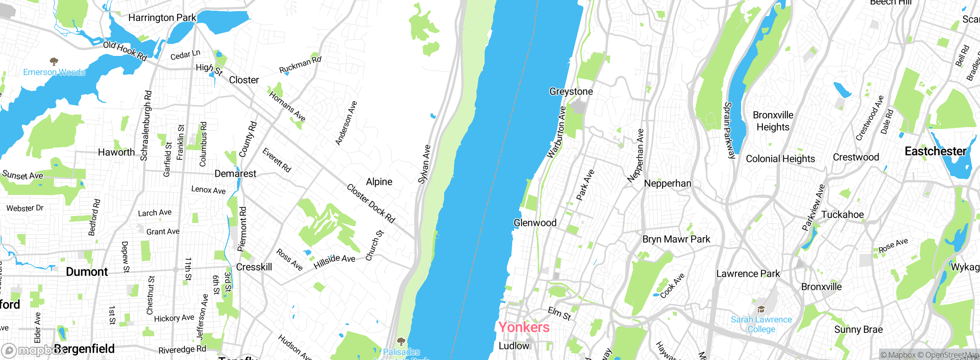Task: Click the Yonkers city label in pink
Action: click(x=524, y=327)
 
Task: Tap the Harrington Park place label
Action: click(x=162, y=18)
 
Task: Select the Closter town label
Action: click(x=244, y=80)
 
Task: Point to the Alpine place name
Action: click(x=379, y=182)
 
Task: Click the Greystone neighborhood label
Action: click(x=571, y=92)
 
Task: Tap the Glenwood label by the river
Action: click(x=535, y=223)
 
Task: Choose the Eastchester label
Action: click(x=935, y=151)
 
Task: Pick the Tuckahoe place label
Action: click(x=842, y=214)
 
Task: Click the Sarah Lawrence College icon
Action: click(x=761, y=309)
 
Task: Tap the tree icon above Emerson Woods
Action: click(x=54, y=61)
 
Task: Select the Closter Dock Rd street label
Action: click(x=371, y=203)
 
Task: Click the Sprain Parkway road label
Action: click(x=730, y=130)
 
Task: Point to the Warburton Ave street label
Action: click(x=556, y=132)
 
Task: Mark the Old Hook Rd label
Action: click(x=125, y=51)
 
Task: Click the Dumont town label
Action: click(x=87, y=272)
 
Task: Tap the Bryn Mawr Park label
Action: click(x=676, y=239)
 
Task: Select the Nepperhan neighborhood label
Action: click(x=668, y=183)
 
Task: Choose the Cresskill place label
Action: click(x=254, y=267)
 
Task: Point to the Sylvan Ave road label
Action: click(x=424, y=164)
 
